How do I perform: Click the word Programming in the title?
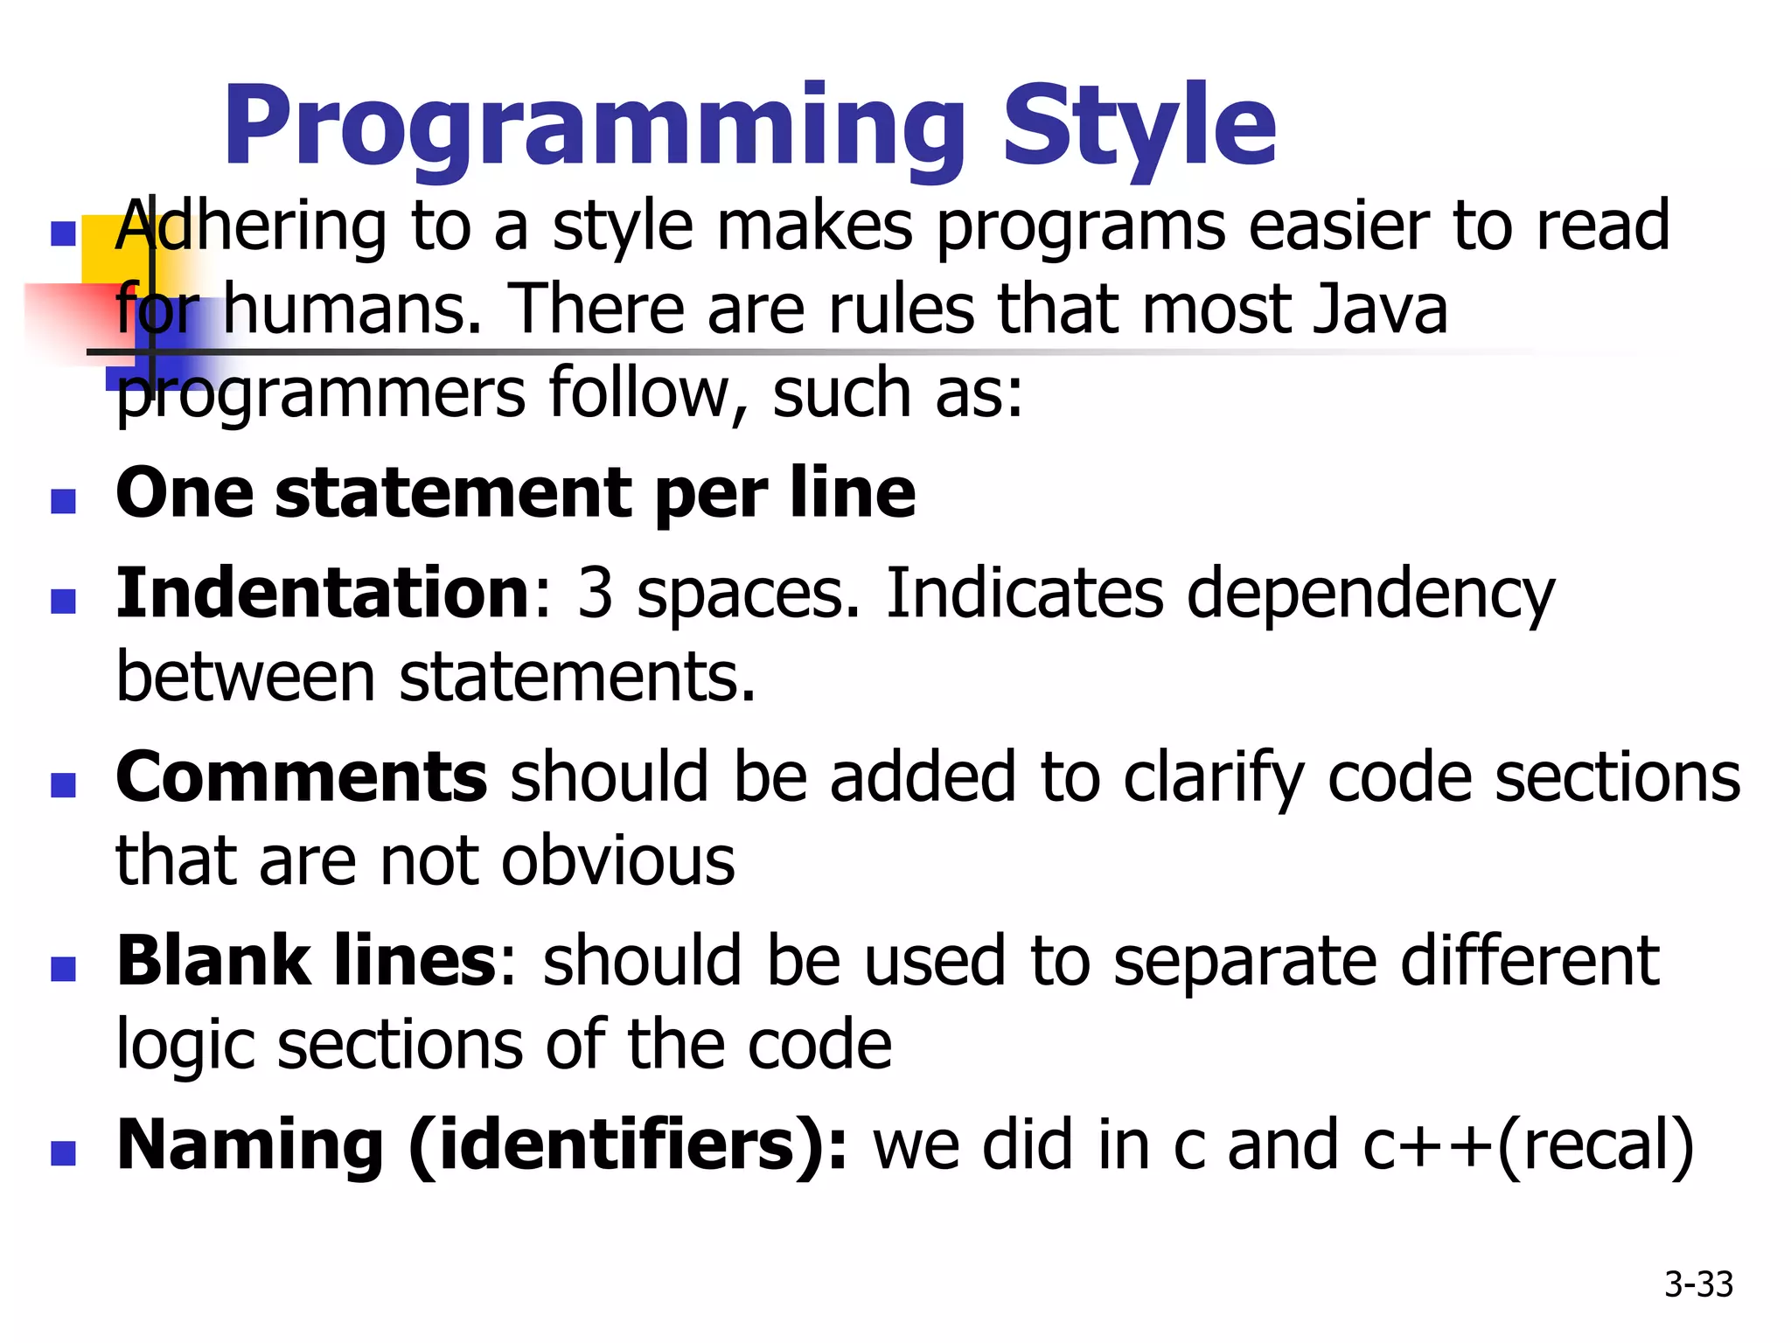[x=595, y=127]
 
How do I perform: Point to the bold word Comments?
[x=301, y=777]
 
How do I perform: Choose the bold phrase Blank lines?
[x=306, y=961]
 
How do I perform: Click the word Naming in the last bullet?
[x=250, y=1145]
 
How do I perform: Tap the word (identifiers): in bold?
[x=628, y=1145]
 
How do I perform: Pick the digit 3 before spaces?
[x=595, y=593]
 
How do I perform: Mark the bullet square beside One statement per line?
[x=63, y=501]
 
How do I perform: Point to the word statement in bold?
[x=456, y=493]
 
